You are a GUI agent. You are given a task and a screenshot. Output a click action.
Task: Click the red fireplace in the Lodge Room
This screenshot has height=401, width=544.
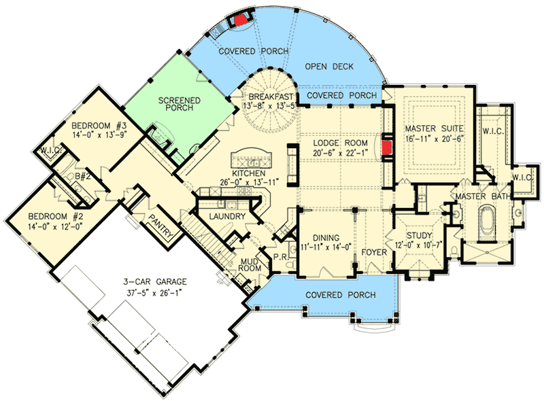[x=387, y=147]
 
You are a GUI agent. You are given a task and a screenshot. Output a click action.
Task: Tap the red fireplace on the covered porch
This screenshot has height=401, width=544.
[x=240, y=20]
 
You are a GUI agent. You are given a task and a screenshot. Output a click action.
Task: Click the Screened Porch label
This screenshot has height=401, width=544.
[x=179, y=105]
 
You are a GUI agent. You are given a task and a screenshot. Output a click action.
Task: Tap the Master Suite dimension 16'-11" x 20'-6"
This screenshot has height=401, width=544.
[x=435, y=139]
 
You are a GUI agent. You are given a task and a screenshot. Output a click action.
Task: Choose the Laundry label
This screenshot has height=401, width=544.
[x=222, y=216]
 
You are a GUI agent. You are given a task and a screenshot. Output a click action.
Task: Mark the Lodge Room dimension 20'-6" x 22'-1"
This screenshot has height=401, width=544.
[x=341, y=154]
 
